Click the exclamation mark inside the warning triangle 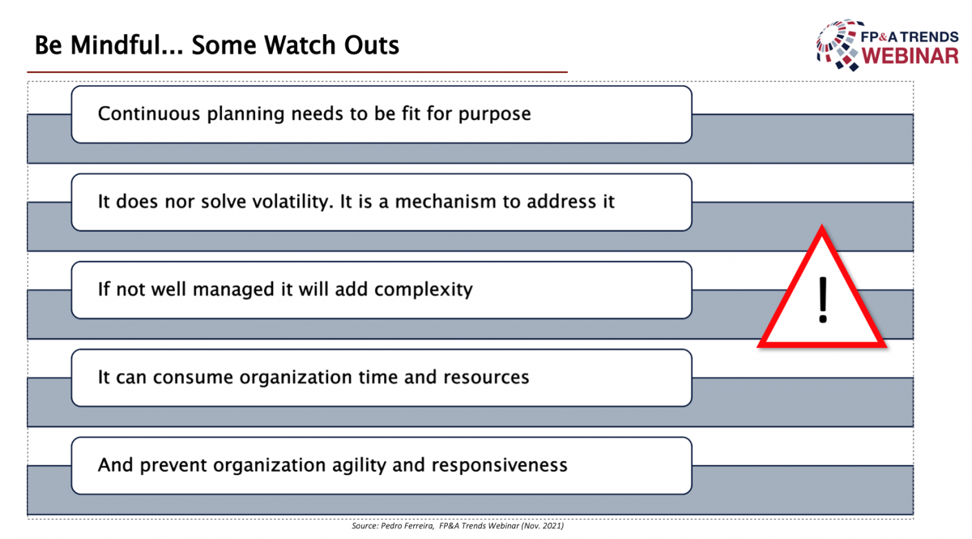tap(823, 300)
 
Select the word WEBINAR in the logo tap(910, 57)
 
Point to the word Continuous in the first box tap(149, 113)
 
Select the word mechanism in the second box tap(446, 202)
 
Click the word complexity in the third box tap(423, 289)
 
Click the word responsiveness tap(499, 465)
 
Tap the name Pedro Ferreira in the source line tap(407, 526)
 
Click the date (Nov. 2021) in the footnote tap(543, 526)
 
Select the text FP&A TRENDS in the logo tap(910, 37)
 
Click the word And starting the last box tap(115, 464)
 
